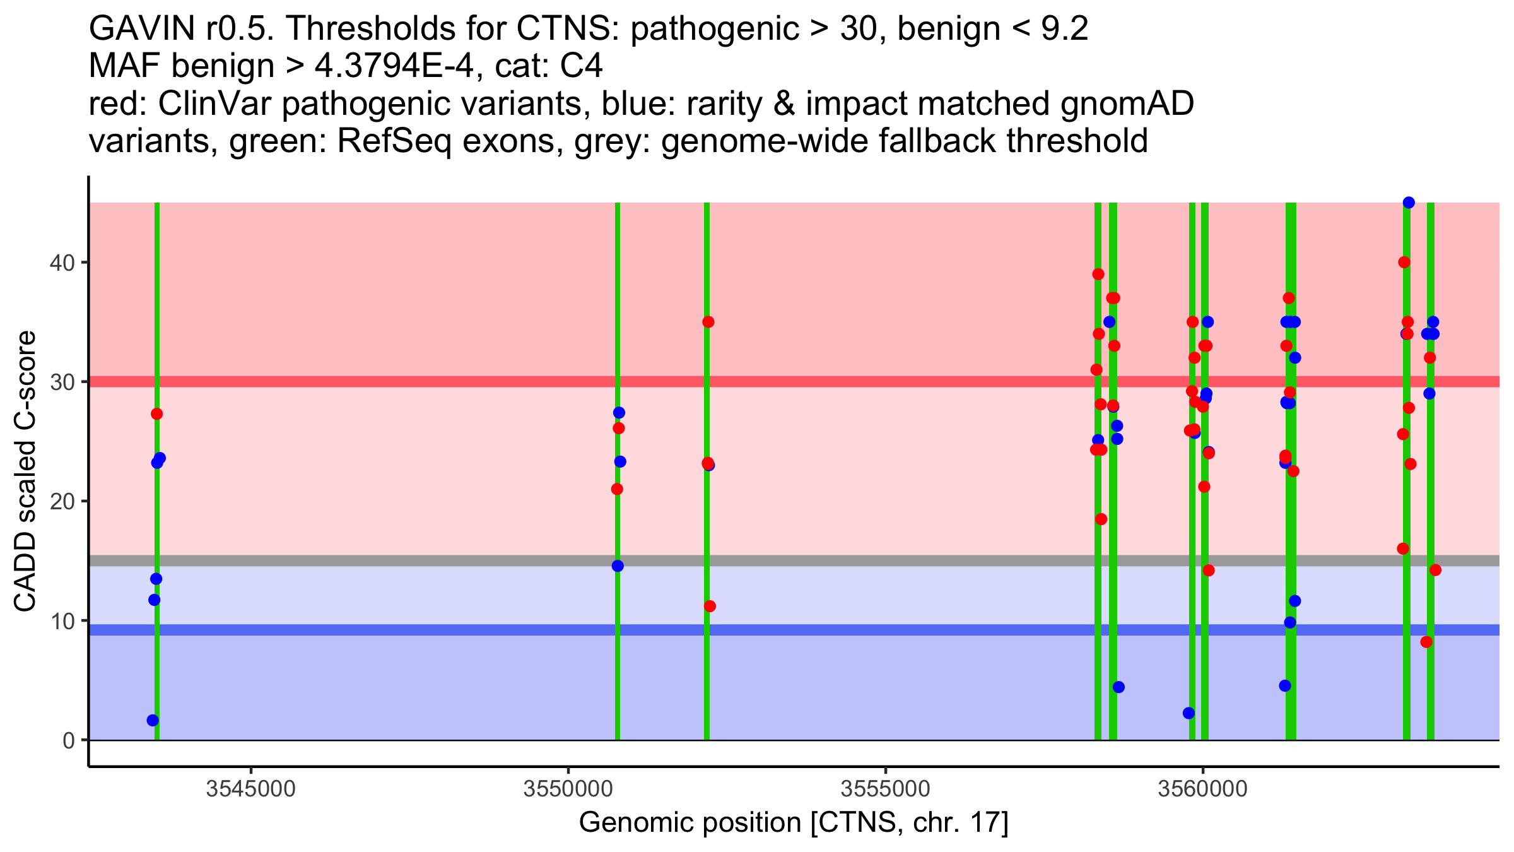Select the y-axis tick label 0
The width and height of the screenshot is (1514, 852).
click(x=68, y=740)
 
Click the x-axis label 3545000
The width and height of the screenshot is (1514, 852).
click(x=251, y=789)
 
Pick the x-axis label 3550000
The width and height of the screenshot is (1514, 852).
click(x=568, y=789)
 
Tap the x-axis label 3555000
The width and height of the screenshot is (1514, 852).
click(x=886, y=789)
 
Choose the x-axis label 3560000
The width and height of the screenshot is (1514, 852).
click(x=1203, y=789)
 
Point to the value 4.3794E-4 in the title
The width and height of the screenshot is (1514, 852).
click(x=394, y=66)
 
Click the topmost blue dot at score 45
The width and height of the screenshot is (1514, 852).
click(x=1409, y=203)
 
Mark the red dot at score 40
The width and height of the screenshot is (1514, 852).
click(x=1404, y=263)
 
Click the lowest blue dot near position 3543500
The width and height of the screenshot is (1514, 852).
click(x=153, y=720)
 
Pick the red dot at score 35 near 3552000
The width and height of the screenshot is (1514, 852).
click(x=708, y=322)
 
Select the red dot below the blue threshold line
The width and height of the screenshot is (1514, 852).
click(x=1426, y=642)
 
